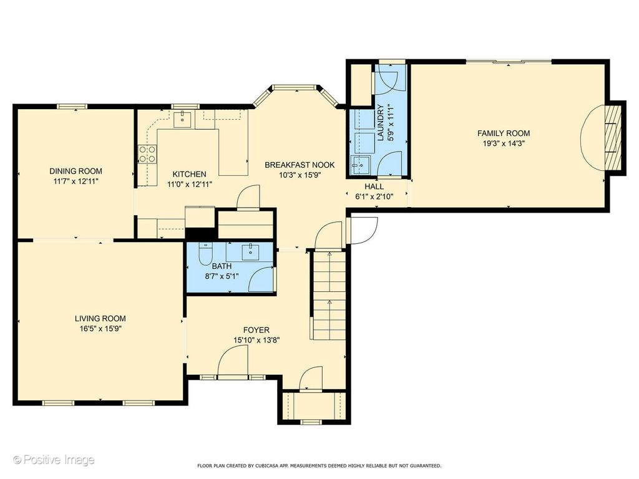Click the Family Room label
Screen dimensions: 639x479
tap(504, 133)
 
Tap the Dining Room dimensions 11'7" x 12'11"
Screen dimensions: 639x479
tap(76, 181)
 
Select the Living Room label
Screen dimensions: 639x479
tap(100, 319)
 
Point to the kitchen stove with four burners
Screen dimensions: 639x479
tap(147, 155)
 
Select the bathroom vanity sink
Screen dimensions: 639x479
tap(250, 252)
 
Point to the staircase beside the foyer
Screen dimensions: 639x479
tap(329, 295)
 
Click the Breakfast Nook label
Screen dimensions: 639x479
tap(300, 165)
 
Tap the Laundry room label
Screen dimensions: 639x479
tap(381, 123)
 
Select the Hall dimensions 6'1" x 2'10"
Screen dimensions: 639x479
tap(374, 196)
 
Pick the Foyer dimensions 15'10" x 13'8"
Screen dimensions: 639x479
tap(256, 340)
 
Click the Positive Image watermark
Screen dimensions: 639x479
tap(54, 460)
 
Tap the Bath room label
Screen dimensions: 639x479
tap(222, 266)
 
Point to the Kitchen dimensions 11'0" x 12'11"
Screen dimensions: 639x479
tap(190, 184)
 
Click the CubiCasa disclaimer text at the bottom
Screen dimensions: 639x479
tap(319, 465)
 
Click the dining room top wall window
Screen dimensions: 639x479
tap(72, 106)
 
